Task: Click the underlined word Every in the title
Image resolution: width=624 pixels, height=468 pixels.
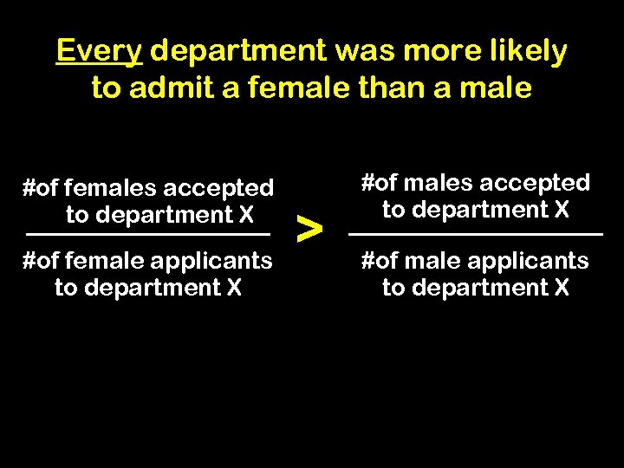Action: point(99,52)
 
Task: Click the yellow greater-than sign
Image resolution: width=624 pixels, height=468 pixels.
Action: point(309,228)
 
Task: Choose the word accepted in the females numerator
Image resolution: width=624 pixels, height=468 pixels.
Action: point(218,187)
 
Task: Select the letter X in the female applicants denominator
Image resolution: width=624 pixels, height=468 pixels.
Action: point(233,287)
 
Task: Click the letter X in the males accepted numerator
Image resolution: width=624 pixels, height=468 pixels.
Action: point(561,209)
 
